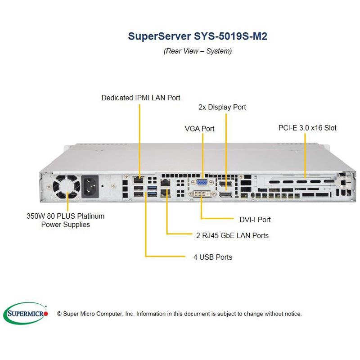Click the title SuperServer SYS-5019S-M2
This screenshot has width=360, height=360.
(x=198, y=36)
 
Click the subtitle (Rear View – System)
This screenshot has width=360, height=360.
(x=198, y=51)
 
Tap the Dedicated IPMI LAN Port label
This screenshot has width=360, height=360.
(x=141, y=97)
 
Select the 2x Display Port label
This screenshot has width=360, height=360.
(x=222, y=107)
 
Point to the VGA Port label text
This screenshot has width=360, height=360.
(x=199, y=128)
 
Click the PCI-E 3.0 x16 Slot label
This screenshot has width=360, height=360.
(x=307, y=128)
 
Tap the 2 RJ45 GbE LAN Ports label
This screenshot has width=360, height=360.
(x=232, y=235)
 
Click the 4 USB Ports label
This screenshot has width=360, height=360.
(x=212, y=257)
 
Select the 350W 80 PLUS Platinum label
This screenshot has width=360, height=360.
(x=66, y=216)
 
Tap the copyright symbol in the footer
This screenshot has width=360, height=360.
(x=59, y=314)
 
